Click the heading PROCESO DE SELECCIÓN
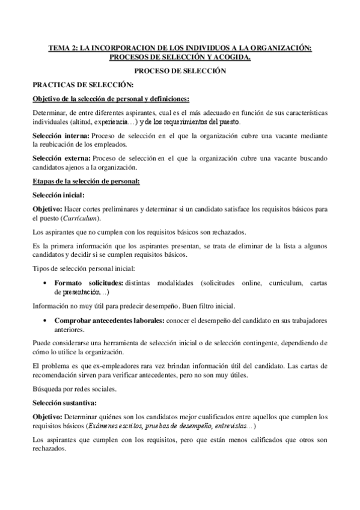tap(180, 71)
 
